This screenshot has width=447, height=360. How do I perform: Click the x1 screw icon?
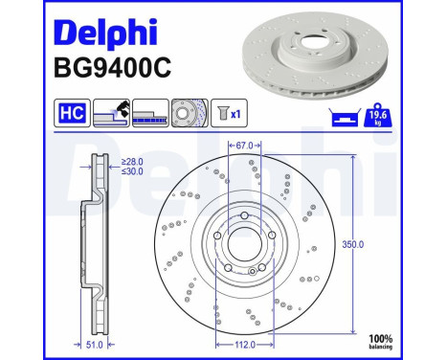(x=228, y=114)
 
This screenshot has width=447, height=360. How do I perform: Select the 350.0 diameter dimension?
(x=354, y=245)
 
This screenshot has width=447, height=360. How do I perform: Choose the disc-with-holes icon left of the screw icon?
(x=189, y=114)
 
